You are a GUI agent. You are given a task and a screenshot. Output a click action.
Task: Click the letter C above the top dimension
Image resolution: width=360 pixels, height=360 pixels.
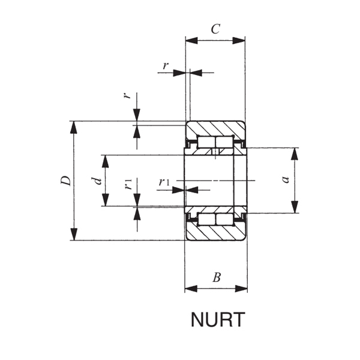(x=215, y=28)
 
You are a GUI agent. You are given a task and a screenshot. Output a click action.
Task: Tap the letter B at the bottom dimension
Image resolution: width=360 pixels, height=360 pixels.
(x=217, y=277)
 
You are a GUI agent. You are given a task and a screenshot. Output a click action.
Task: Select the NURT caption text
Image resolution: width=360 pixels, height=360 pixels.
(x=218, y=320)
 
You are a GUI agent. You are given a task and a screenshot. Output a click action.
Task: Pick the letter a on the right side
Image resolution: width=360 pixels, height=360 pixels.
(x=286, y=179)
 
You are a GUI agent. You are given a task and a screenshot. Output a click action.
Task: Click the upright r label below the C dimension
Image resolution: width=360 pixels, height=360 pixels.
(x=165, y=65)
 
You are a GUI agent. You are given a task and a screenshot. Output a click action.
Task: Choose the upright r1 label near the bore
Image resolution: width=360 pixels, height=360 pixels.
(x=164, y=182)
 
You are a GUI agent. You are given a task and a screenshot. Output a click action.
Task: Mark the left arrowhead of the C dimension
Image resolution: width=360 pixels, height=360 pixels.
(x=190, y=40)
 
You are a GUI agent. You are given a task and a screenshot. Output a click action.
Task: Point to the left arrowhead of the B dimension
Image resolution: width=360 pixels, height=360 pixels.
(x=190, y=289)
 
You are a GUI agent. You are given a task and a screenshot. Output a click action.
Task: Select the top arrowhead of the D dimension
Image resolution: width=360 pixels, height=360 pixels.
(x=74, y=126)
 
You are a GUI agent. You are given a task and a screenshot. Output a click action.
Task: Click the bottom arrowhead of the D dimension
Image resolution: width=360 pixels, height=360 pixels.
(x=74, y=235)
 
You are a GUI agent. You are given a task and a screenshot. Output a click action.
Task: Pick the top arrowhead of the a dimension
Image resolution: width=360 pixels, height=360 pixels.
(x=295, y=152)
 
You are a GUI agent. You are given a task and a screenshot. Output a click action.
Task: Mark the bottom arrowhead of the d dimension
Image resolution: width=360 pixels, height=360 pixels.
(x=106, y=202)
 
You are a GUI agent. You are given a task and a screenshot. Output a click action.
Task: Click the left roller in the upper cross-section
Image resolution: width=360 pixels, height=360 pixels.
(x=206, y=142)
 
